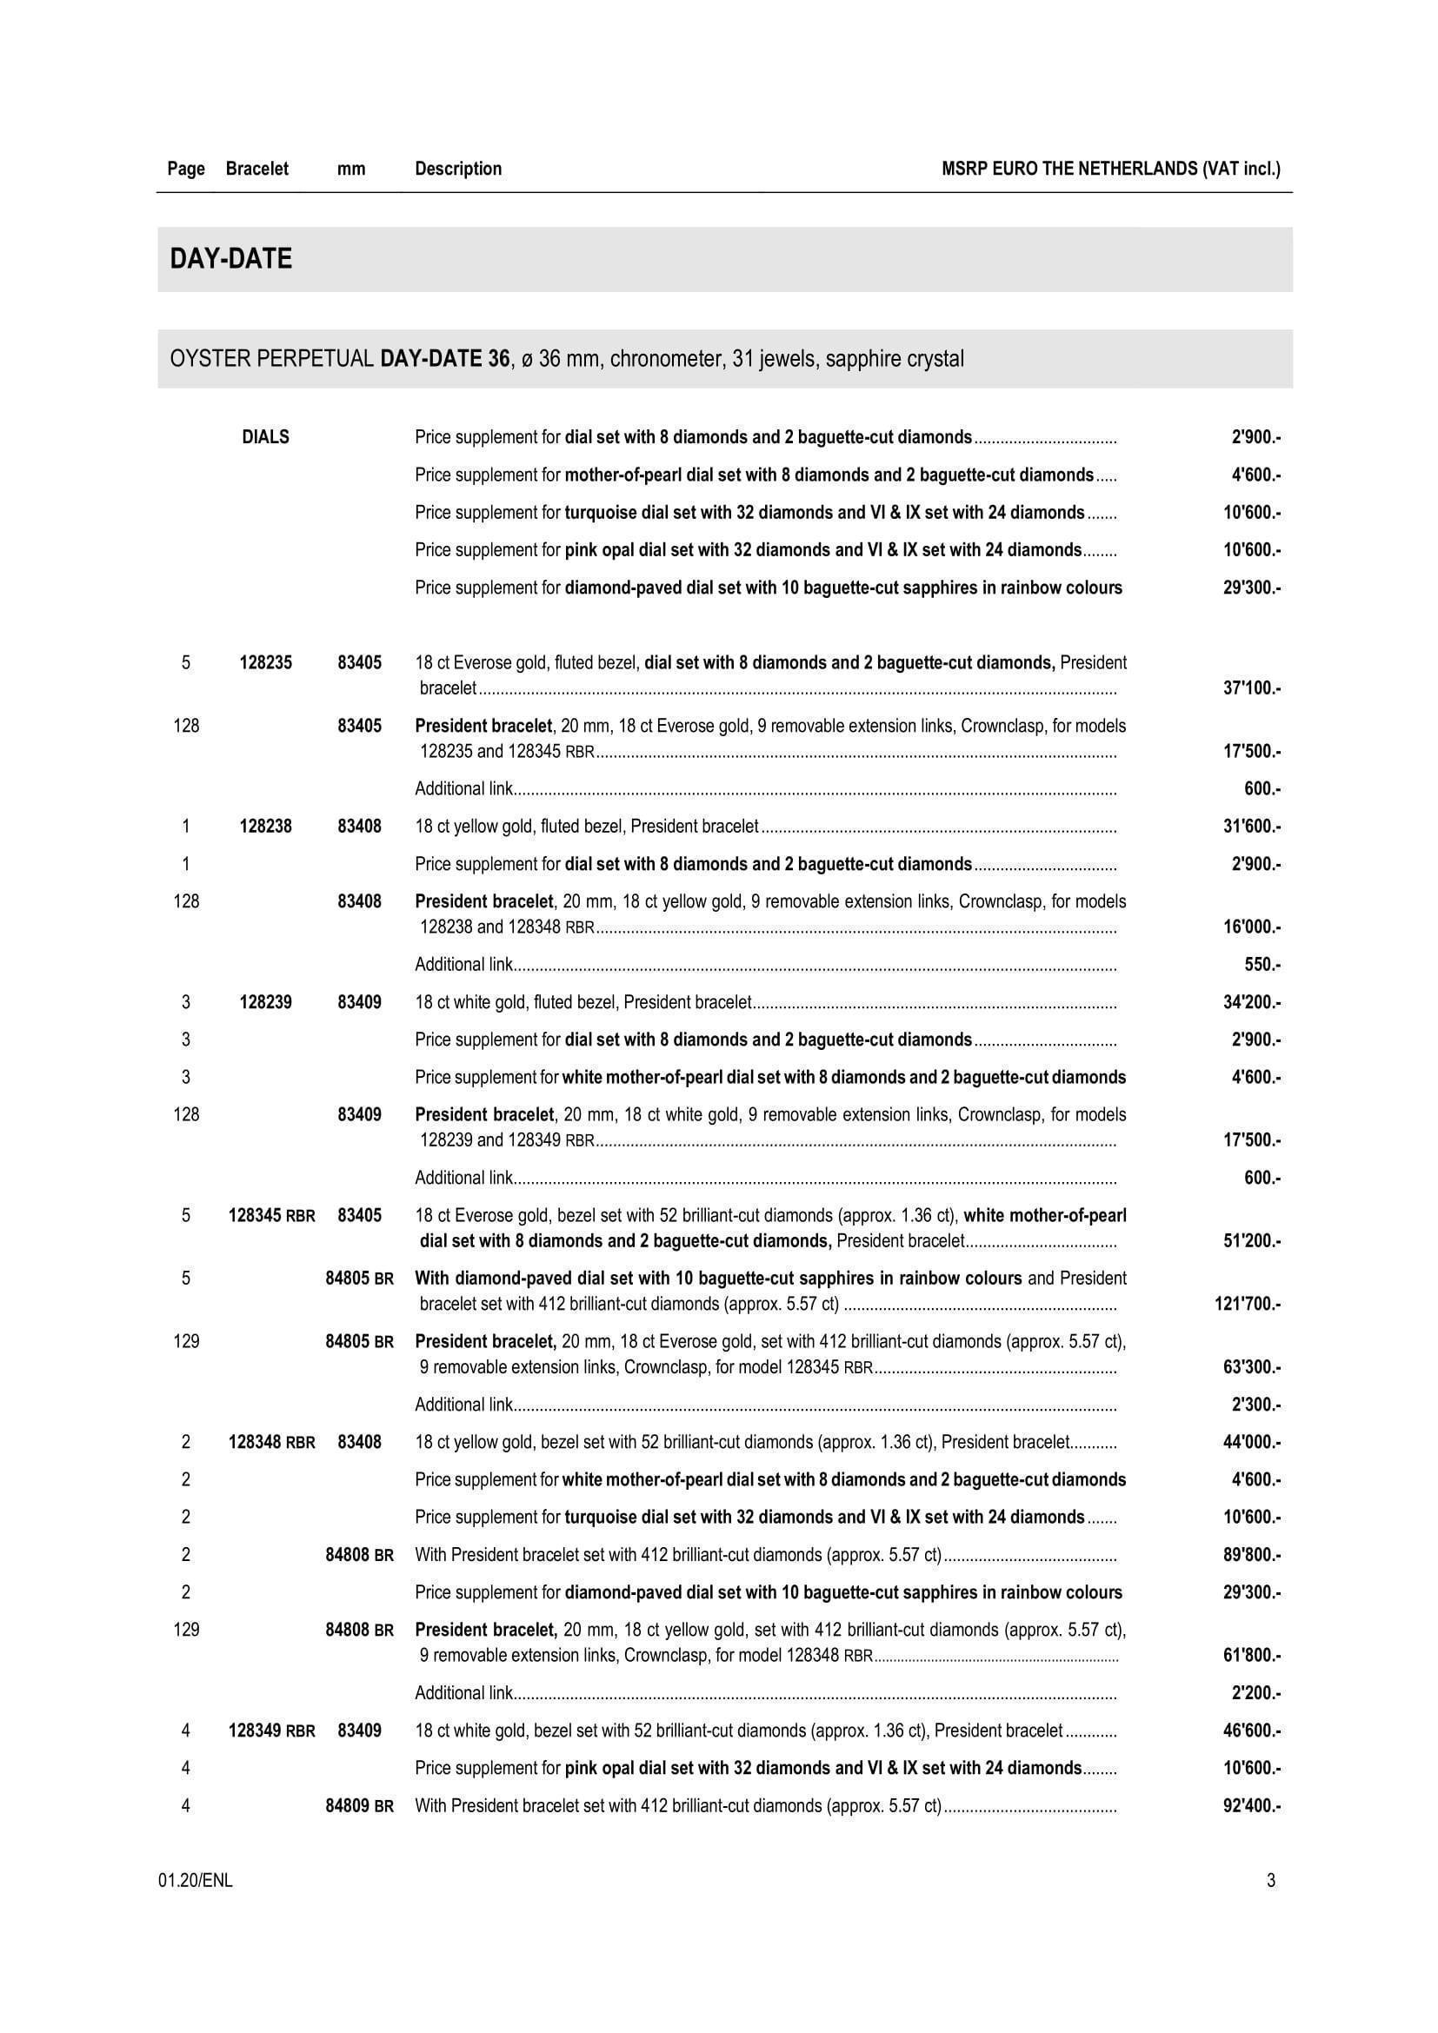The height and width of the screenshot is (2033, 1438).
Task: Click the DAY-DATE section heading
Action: tap(231, 258)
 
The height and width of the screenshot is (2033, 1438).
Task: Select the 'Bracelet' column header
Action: tap(256, 169)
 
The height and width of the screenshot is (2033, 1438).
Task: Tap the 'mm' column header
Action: tap(351, 169)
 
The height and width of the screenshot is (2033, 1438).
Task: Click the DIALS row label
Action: tap(266, 436)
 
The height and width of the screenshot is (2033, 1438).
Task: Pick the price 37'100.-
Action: tap(1251, 688)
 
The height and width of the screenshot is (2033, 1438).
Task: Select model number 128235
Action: tap(266, 662)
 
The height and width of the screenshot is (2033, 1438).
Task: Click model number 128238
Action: tap(266, 826)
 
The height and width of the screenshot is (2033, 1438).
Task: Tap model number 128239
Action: tap(266, 1002)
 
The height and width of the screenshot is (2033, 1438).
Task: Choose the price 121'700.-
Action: tap(1248, 1304)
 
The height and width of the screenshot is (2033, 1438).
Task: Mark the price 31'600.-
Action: tap(1251, 826)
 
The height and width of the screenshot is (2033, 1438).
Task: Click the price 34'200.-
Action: tap(1251, 1002)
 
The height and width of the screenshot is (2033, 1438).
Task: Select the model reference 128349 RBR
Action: tap(272, 1731)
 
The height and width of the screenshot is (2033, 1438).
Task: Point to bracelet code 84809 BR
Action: tap(360, 1805)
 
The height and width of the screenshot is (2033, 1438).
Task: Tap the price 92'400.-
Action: tap(1251, 1805)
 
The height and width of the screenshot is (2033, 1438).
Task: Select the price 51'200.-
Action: tap(1251, 1240)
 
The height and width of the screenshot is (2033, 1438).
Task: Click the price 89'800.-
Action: tap(1251, 1555)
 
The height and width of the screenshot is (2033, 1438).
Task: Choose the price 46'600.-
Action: tap(1251, 1731)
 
